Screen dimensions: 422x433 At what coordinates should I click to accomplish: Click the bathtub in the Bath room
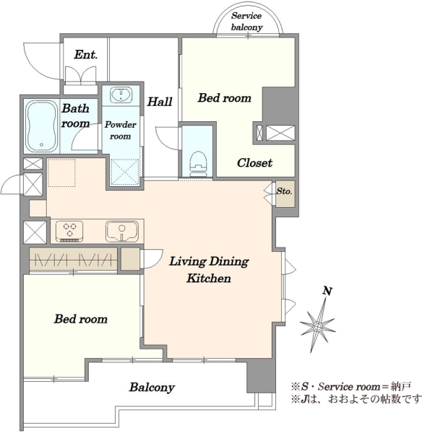click(x=41, y=126)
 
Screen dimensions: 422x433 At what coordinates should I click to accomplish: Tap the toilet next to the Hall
click(x=198, y=164)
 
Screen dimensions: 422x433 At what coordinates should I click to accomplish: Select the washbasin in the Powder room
click(x=121, y=95)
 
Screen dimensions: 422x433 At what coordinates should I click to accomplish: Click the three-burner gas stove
click(x=69, y=231)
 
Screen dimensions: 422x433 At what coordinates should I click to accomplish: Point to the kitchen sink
click(x=121, y=231)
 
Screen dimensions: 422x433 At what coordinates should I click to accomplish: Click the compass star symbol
click(x=318, y=328)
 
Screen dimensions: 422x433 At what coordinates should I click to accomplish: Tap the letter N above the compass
click(x=327, y=291)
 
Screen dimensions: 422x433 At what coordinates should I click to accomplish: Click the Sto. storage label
click(x=284, y=191)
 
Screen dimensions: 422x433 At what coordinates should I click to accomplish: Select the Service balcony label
click(x=246, y=21)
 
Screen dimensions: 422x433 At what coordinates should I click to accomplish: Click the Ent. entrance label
click(x=86, y=54)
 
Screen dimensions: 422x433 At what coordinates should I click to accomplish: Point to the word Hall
click(x=160, y=102)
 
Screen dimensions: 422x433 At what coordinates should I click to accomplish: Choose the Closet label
click(x=254, y=162)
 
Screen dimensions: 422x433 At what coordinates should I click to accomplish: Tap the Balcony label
click(x=152, y=387)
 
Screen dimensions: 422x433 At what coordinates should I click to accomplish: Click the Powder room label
click(x=120, y=130)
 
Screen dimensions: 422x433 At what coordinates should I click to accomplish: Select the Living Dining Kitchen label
click(x=209, y=269)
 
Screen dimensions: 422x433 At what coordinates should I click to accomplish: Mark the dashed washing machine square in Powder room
click(x=125, y=172)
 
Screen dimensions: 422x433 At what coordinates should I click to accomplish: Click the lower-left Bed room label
click(x=81, y=319)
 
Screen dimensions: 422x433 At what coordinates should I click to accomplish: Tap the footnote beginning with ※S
click(x=351, y=386)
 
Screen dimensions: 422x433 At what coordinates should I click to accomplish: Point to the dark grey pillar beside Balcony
click(x=261, y=376)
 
